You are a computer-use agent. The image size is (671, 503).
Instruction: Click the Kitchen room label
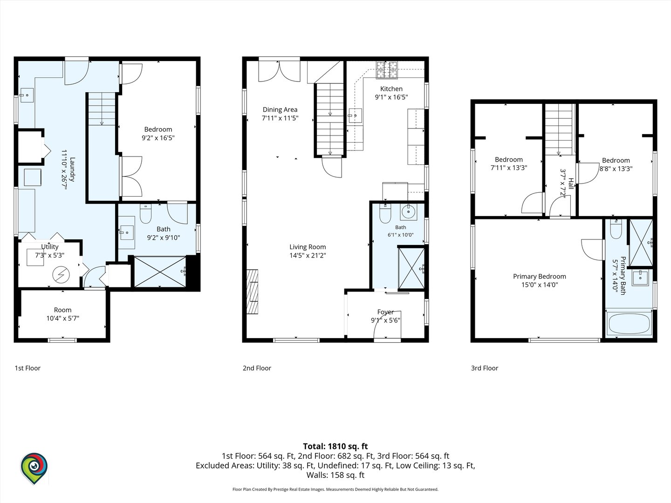[391, 89]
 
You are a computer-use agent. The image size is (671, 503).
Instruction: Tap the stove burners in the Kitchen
[387, 70]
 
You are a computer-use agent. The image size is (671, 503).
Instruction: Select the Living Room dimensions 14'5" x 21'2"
[308, 255]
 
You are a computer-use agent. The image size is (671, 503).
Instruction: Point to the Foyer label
[385, 312]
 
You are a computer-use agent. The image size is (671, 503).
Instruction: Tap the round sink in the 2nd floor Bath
[408, 211]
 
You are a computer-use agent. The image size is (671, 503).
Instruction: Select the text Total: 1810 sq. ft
[335, 446]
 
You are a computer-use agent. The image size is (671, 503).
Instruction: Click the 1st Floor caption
[27, 368]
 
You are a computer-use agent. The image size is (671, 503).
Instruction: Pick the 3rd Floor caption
[485, 368]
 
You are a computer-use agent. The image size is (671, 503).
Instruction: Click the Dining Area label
[280, 109]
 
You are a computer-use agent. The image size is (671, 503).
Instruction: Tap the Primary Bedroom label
[540, 276]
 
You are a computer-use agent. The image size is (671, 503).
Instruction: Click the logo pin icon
[34, 468]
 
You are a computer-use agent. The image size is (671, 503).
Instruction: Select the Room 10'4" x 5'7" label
[62, 314]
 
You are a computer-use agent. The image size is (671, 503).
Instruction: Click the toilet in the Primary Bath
[616, 229]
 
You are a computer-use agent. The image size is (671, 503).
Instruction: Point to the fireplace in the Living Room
[253, 292]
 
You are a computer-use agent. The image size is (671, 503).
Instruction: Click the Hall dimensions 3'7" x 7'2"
[563, 184]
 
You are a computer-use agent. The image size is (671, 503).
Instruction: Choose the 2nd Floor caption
[257, 368]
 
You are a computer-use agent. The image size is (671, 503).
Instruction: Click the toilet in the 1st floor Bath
[145, 213]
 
